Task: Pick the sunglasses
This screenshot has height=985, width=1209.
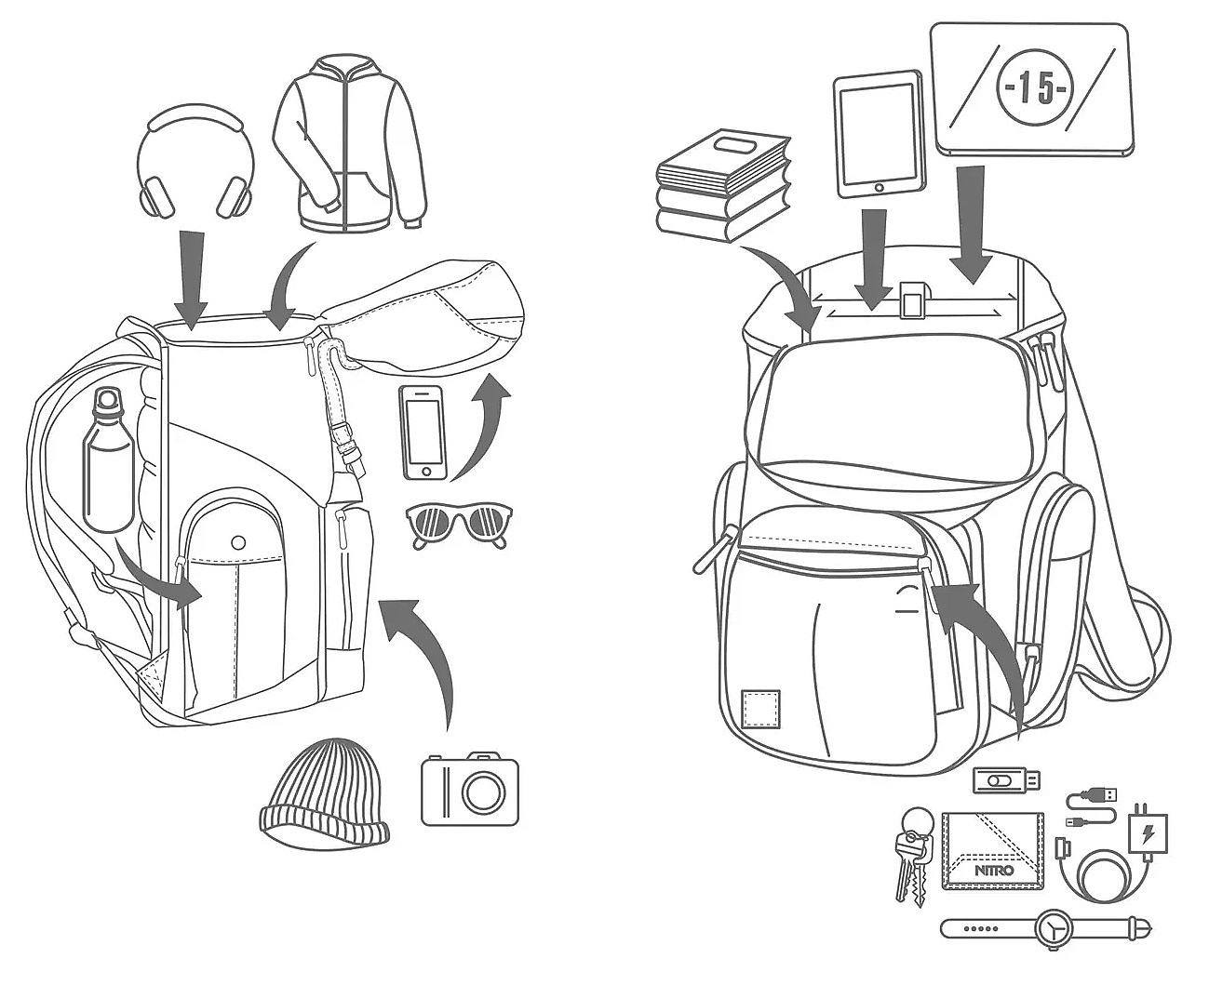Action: [x=460, y=526]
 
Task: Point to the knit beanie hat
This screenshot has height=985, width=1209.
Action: [x=323, y=792]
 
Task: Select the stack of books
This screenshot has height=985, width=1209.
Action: [x=723, y=186]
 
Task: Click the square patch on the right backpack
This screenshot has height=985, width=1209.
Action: [x=760, y=709]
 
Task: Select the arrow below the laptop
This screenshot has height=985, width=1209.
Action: [x=971, y=223]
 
